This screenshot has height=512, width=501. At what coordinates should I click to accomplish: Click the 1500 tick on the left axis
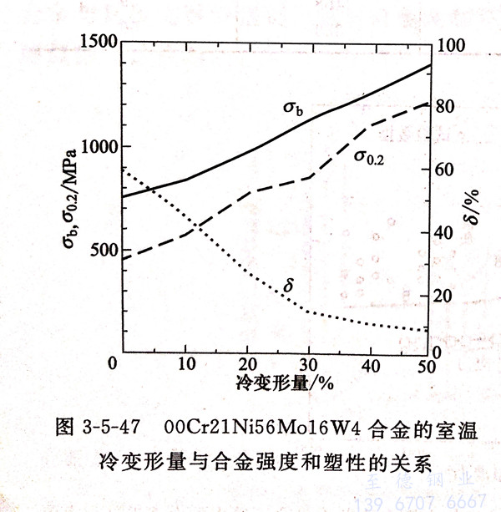pos(94,42)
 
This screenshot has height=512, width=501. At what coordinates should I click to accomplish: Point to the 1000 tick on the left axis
pos(94,146)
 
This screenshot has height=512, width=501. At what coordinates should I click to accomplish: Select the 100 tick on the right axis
pos(448,43)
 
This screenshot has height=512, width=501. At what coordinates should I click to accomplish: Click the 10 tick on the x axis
pos(185,366)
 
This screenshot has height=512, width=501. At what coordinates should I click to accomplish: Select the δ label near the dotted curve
pos(289,286)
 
